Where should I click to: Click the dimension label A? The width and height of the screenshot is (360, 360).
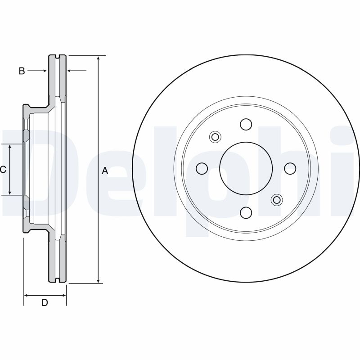pos(105,171)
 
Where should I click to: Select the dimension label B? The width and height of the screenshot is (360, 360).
pos(22,71)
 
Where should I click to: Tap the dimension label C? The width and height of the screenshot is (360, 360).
pos(3,170)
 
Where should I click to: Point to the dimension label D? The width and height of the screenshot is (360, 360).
pos(45,303)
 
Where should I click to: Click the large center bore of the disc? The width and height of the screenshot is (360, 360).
pos(246,168)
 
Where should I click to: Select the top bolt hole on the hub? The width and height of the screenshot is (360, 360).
pos(246,124)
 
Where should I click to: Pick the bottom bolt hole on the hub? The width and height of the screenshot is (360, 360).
pos(246,212)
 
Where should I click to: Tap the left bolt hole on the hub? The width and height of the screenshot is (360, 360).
pos(202,168)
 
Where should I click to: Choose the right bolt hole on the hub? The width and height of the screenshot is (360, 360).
pos(290,168)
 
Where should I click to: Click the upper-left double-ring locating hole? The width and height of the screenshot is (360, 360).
pos(215,137)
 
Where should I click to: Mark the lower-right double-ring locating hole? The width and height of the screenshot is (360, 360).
pos(276,199)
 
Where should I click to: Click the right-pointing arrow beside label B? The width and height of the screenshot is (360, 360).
pos(44,71)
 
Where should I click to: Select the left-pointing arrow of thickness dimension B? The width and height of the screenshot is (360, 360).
pos(70,71)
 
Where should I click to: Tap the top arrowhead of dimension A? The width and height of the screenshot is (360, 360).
pos(99,58)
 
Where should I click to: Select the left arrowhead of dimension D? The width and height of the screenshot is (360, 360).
pos(26,295)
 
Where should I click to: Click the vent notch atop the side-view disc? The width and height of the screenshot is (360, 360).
pos(57,57)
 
